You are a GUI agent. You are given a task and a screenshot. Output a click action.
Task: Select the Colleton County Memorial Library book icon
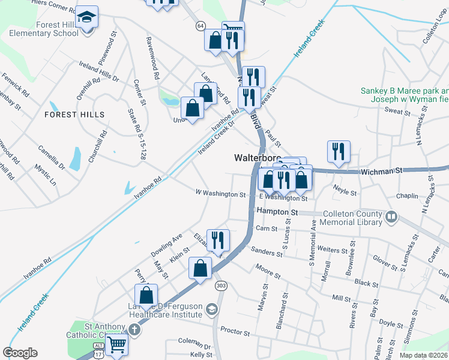391,216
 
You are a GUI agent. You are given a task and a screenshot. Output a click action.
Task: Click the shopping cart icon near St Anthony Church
116,344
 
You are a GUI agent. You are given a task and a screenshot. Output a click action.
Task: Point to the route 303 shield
221,286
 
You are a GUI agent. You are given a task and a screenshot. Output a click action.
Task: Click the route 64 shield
200,26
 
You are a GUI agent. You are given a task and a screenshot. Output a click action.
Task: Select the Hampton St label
277,212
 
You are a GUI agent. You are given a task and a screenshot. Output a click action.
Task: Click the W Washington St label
220,194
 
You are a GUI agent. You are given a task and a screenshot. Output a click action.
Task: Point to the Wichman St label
381,172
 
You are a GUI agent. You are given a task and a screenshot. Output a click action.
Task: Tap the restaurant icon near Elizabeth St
217,239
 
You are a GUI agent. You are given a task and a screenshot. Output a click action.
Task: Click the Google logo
20,353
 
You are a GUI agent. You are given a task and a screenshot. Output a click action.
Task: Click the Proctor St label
235,331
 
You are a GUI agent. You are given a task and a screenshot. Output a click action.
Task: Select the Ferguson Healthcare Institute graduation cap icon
211,310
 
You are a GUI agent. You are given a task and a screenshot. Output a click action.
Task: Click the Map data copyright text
423,355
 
